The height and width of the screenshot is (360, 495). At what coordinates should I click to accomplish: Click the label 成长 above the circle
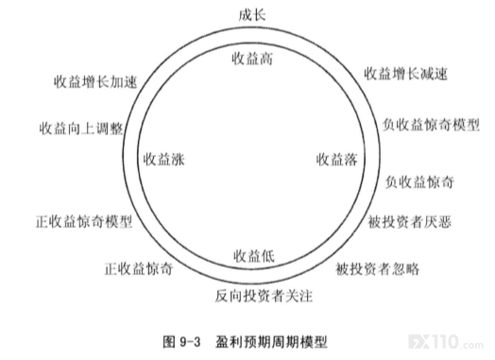point(252,15)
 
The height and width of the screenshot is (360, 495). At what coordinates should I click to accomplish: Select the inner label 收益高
point(252,59)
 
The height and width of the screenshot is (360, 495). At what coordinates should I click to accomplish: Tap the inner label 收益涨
point(163,160)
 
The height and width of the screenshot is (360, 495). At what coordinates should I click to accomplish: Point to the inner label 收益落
point(337,160)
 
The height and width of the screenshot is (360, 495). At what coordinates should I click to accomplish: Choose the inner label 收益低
point(254,256)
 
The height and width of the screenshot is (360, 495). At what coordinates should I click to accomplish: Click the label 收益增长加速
point(95,82)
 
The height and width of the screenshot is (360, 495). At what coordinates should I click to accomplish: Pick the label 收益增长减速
point(405,74)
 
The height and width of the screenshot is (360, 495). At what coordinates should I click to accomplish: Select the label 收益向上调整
point(81,129)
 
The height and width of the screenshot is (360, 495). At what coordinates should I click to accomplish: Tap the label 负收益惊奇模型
point(431,125)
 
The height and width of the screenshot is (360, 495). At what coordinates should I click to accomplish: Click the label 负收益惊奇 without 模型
point(419,182)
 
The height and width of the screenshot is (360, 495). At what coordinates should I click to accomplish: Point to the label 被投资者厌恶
point(409,222)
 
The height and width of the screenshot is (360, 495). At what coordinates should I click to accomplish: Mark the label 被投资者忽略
point(377,269)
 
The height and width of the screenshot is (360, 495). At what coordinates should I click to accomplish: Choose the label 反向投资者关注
point(264,296)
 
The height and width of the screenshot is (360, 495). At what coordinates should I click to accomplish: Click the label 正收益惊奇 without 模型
point(139,269)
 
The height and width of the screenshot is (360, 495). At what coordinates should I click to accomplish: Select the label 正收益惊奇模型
point(84,222)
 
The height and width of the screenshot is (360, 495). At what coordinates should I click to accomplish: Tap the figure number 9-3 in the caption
point(190,342)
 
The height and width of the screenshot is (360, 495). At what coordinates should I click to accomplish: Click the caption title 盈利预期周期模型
point(271,342)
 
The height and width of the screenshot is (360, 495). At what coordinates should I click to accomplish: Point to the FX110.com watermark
point(446,342)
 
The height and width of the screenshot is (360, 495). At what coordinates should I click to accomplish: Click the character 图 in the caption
point(169,342)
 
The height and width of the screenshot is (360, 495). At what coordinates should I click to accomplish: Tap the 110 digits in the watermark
point(445,342)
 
